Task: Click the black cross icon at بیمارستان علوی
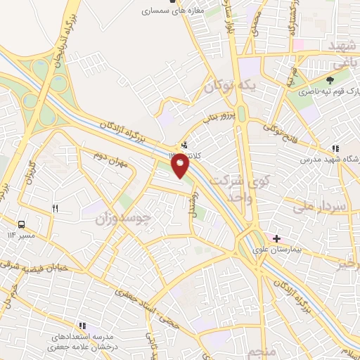click(x=277, y=239)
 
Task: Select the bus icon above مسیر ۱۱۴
click(x=22, y=225)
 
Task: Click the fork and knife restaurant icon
click(x=56, y=209)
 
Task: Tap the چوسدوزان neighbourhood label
click(x=123, y=218)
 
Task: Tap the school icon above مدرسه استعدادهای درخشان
click(x=82, y=326)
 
